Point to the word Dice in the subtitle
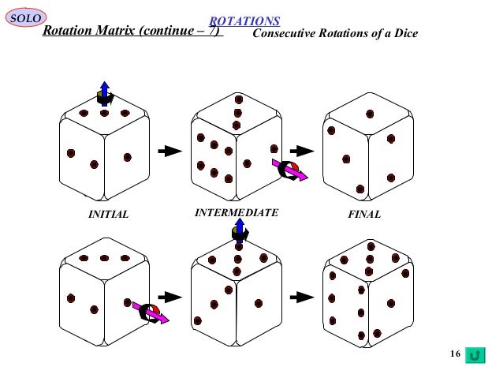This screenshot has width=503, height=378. point(404,35)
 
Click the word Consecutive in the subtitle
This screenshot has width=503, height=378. point(285,35)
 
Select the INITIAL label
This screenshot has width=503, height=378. point(107,215)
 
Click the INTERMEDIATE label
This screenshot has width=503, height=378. point(236,213)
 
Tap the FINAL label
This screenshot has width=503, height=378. point(363,215)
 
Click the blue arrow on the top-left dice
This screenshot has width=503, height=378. point(104,90)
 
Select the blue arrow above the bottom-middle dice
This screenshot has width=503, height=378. point(238,228)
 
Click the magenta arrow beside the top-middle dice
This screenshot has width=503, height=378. point(289,170)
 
